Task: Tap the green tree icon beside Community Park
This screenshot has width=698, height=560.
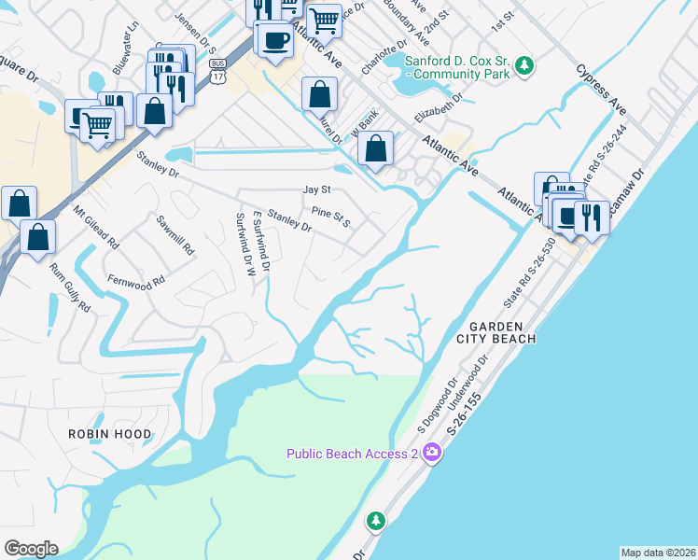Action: click(525, 64)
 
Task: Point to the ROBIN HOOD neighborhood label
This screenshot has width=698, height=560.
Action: click(108, 434)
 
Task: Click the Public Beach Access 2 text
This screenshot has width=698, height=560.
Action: click(352, 454)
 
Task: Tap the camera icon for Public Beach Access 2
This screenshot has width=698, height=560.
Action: click(431, 454)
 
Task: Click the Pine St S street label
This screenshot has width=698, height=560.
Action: click(330, 217)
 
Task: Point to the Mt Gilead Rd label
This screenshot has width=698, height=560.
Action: click(96, 228)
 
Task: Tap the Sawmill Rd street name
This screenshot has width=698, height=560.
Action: click(174, 237)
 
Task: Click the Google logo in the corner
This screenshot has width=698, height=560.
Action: click(31, 549)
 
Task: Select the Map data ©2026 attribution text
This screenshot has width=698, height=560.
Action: click(658, 552)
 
